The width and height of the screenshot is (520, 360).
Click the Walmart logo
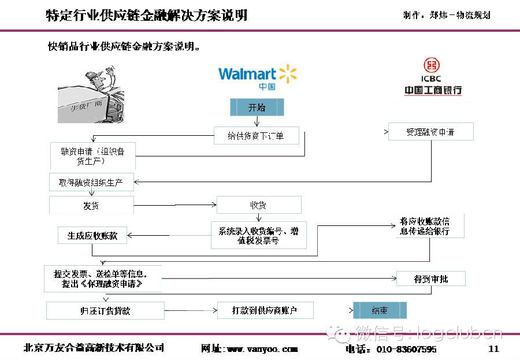(258, 77)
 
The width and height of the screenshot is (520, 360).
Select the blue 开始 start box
(257, 107)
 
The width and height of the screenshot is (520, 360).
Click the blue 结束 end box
(380, 311)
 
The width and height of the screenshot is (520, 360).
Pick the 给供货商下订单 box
(257, 136)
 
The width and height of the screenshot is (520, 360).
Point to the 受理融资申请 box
(430, 132)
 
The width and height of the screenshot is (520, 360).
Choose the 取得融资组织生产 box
(91, 182)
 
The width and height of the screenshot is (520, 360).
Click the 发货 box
(91, 205)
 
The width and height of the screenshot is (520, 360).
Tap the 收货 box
(258, 205)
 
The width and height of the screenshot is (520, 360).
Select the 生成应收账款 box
(92, 235)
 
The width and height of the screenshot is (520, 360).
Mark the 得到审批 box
(430, 279)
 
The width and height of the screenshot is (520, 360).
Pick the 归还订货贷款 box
(105, 311)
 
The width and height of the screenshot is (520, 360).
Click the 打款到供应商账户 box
(265, 310)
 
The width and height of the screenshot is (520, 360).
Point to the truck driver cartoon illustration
(91, 94)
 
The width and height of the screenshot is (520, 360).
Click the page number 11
(493, 348)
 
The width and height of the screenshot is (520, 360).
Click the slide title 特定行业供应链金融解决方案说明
(147, 16)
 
